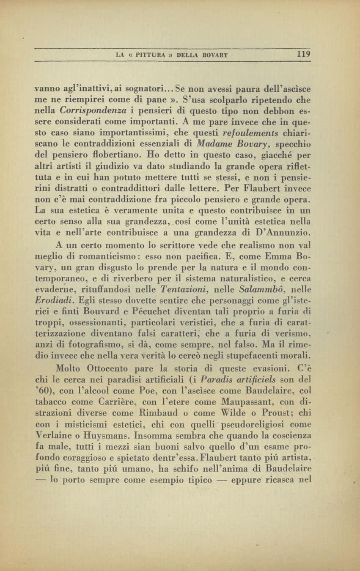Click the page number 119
pos(304,54)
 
